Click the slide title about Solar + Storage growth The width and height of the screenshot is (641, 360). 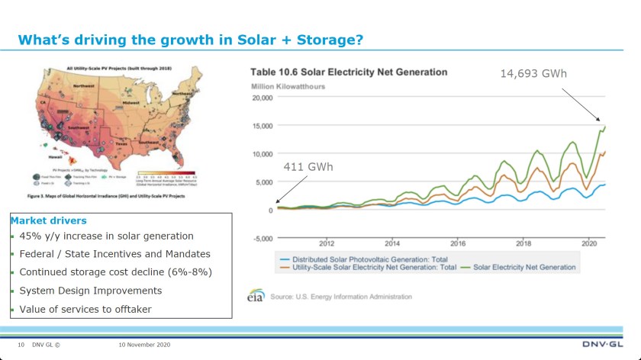click(x=190, y=39)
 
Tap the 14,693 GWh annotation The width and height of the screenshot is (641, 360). click(x=533, y=73)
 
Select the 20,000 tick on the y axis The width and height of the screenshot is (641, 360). click(x=262, y=98)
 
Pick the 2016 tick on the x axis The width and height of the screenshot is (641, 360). click(x=457, y=243)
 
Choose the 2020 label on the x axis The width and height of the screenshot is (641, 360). click(x=588, y=243)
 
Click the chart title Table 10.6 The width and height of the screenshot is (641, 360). click(x=349, y=72)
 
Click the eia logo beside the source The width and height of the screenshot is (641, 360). click(x=256, y=297)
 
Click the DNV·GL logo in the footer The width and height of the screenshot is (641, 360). click(x=603, y=345)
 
